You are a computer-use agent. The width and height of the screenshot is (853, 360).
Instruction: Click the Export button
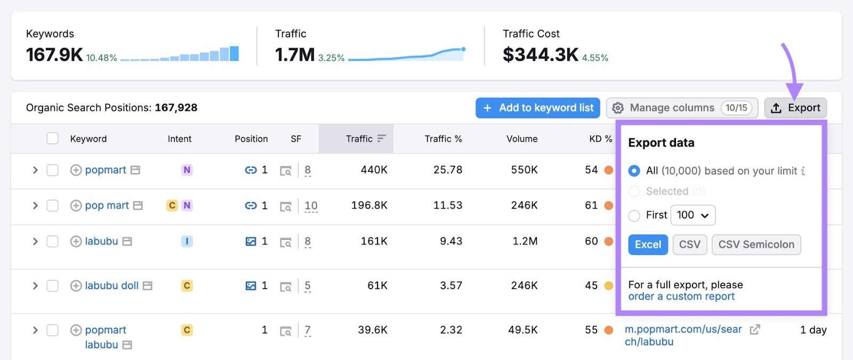point(795,108)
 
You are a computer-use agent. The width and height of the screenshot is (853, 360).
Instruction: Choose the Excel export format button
point(648,245)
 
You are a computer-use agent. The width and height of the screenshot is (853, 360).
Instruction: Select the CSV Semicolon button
point(756,245)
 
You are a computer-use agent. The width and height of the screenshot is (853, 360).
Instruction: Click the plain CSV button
point(689,245)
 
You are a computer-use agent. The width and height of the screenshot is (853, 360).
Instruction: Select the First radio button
point(634,215)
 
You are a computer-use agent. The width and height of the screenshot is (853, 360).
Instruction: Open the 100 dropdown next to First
point(693,215)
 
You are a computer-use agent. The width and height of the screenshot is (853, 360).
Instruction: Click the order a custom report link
point(681,297)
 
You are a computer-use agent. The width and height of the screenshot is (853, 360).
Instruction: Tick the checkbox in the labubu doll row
point(52,286)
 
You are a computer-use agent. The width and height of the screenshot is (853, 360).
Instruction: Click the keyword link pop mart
point(107,205)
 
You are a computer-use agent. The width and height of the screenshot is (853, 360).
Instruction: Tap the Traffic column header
point(359,139)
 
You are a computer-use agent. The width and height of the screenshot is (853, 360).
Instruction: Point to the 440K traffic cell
point(374,170)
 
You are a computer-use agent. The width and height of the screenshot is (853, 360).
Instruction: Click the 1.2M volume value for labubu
point(525,241)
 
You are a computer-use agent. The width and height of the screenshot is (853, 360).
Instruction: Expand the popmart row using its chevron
point(35,170)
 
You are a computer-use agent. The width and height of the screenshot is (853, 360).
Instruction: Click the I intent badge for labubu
point(187,241)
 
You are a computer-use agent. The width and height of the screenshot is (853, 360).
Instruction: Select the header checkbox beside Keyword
point(52,139)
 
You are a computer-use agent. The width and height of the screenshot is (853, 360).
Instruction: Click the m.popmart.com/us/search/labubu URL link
point(683,335)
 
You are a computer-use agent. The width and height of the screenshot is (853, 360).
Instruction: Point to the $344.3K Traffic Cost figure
point(540,54)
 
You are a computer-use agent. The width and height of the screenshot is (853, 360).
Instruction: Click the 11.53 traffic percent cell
point(447,205)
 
